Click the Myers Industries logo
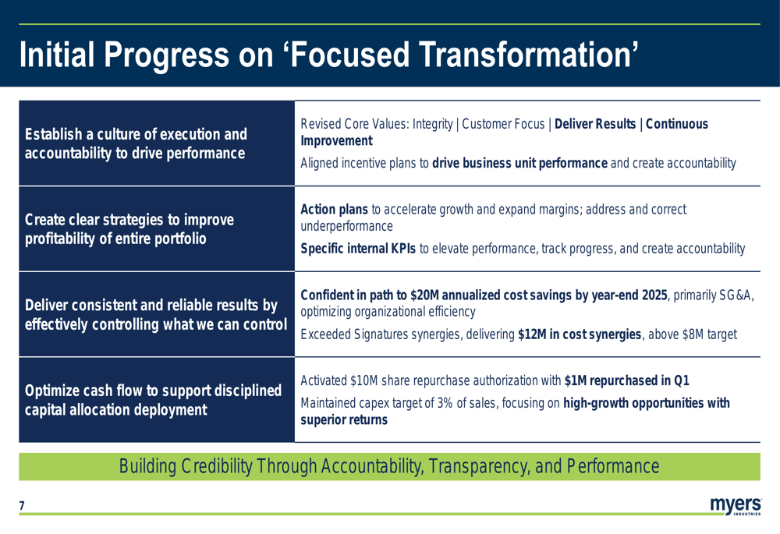click(736, 506)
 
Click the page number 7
click(21, 506)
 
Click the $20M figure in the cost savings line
click(424, 295)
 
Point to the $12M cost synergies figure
click(532, 334)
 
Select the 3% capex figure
click(445, 403)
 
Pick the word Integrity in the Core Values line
click(432, 124)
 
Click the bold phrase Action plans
click(335, 210)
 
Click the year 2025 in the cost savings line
click(654, 295)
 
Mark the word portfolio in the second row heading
click(180, 239)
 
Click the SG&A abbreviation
click(737, 295)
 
